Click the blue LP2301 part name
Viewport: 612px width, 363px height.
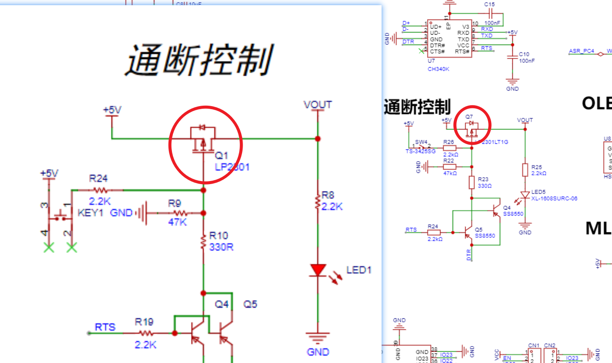tap(232, 167)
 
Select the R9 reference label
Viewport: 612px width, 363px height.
tap(175, 203)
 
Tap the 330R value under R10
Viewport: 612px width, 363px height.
tap(221, 247)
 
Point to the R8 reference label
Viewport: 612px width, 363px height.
tap(328, 196)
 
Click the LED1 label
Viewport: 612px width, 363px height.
tap(359, 270)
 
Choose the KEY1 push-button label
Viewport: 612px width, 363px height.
tap(90, 213)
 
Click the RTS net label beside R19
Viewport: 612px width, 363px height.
tap(105, 327)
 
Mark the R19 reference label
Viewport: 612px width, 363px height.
tap(144, 322)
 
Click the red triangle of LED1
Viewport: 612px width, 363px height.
tap(318, 270)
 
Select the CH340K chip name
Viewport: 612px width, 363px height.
tap(438, 69)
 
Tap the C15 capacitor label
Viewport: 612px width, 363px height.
tap(489, 4)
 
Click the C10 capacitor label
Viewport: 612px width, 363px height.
tap(524, 55)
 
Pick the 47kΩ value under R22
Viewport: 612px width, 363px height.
tap(450, 173)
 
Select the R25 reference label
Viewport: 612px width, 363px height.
tap(537, 167)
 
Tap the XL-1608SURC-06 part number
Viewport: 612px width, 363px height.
tap(554, 198)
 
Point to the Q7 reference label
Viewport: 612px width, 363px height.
tap(469, 117)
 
